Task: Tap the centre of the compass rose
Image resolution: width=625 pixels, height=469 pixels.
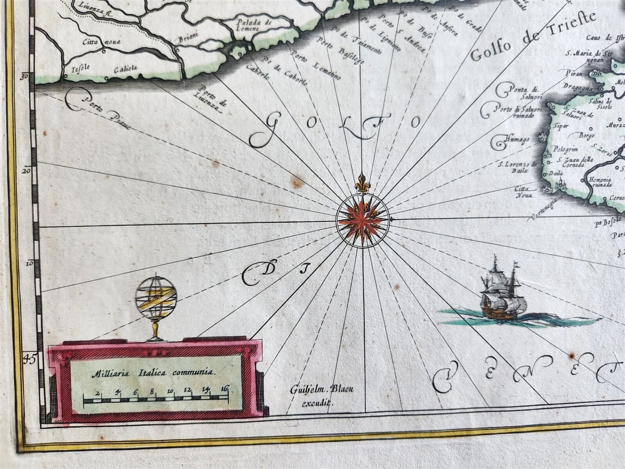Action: coord(363,219)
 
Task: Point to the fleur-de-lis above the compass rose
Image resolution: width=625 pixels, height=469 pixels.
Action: coord(363,184)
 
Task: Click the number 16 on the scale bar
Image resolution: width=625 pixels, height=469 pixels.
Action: coord(224,389)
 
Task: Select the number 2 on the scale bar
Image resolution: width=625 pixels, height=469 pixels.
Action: coord(98,393)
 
